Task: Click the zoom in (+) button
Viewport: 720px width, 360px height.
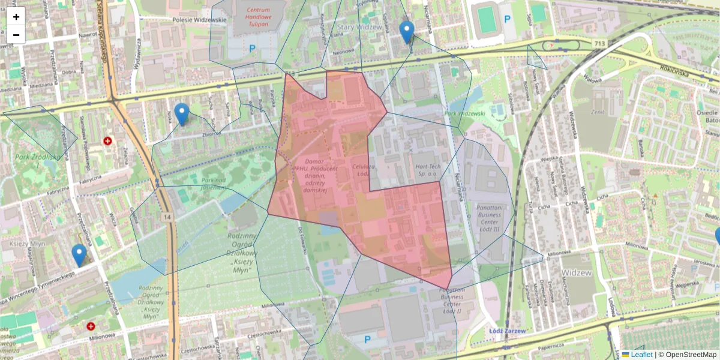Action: (16, 16)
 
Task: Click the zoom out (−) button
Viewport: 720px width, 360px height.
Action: (16, 35)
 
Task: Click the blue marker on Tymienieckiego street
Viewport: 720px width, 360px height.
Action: (79, 255)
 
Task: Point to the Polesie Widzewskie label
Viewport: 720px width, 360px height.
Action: (199, 20)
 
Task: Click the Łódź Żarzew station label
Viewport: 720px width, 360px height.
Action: (507, 331)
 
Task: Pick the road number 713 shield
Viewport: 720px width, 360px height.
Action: (600, 43)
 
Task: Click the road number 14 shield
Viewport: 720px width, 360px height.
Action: (166, 216)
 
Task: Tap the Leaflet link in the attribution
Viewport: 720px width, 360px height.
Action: (641, 355)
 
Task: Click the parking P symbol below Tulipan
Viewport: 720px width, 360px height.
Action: (252, 48)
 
